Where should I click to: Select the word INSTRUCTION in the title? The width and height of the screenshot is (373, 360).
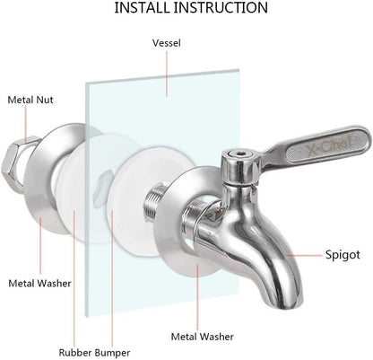[228, 9]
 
